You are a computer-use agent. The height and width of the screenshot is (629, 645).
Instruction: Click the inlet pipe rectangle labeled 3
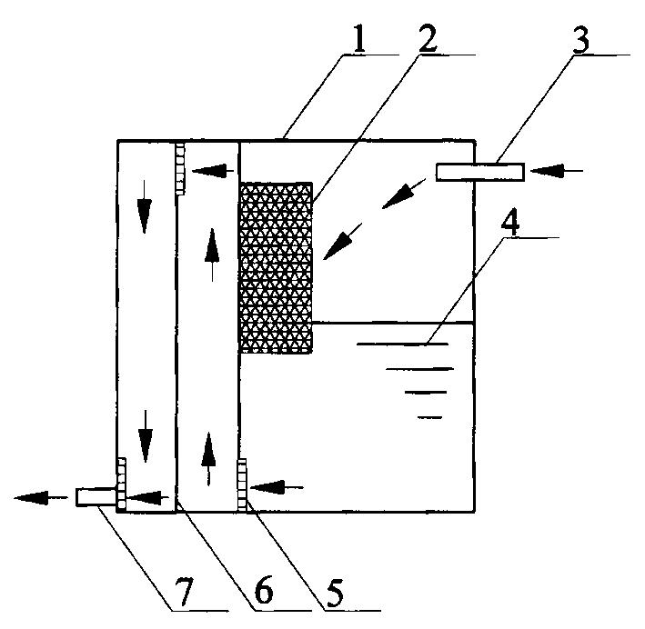(479, 171)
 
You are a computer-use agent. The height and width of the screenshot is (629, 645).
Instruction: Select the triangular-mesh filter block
(276, 266)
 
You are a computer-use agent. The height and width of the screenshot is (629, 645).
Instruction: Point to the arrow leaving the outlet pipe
(41, 497)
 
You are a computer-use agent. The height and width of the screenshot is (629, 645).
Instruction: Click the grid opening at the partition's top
(180, 167)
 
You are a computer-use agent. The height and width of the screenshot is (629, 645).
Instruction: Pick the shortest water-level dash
(429, 417)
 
